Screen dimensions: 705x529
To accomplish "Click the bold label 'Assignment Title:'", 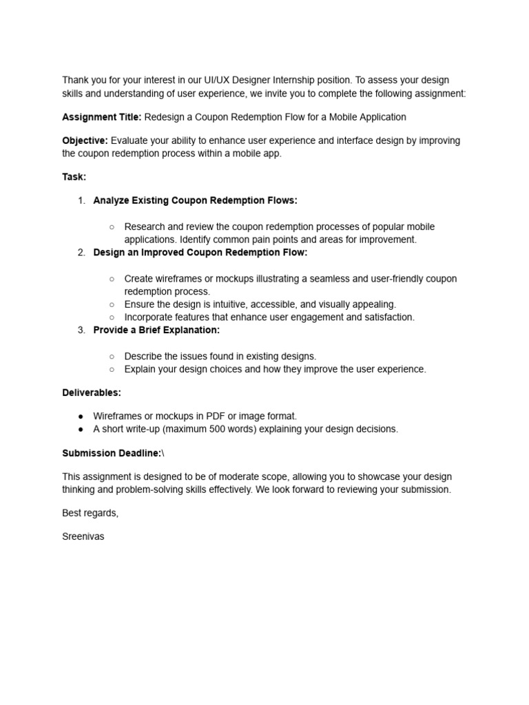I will [102, 117].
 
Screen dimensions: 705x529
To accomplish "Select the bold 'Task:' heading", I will [74, 177].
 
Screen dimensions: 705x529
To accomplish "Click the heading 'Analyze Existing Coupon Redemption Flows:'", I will [195, 200].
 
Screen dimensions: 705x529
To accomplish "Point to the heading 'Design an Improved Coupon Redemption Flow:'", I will [200, 253].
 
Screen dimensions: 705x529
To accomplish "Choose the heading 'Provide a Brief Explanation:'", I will [156, 330].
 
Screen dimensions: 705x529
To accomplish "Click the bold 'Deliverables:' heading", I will [92, 392].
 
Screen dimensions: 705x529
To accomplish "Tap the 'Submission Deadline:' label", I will [112, 453].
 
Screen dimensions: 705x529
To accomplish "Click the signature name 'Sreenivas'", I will [83, 536].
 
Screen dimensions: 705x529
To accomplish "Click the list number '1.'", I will [81, 200].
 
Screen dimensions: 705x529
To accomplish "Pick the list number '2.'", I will [81, 253].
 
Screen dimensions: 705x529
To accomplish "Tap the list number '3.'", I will [81, 330].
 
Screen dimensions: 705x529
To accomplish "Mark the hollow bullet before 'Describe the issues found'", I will [112, 357].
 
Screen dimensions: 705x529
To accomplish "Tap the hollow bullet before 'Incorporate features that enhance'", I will [112, 317].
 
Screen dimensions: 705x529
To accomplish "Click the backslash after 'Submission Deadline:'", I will [163, 453].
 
